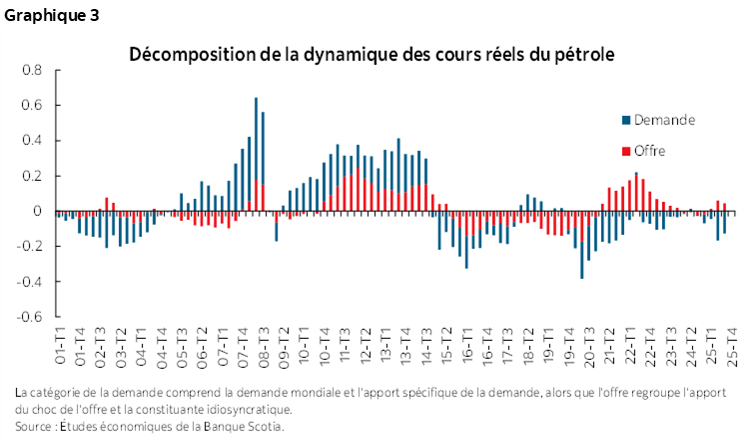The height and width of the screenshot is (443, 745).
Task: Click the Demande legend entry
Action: tap(665, 120)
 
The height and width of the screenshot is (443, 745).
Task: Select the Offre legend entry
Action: tap(648, 152)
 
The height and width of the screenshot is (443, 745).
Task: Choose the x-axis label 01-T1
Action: tap(61, 345)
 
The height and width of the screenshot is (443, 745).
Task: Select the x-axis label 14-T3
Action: tap(427, 345)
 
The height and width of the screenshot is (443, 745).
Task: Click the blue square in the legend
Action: tap(626, 120)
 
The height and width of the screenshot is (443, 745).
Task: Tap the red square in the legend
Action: tap(626, 152)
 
